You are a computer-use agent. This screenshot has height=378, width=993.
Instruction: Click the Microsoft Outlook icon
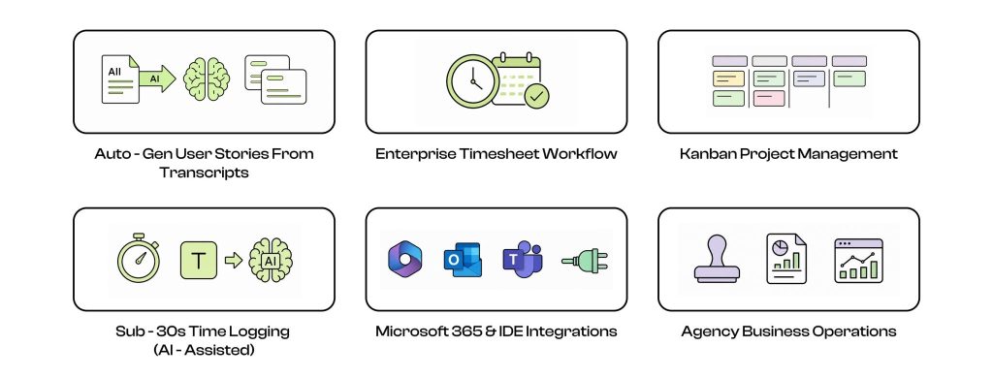point(463,260)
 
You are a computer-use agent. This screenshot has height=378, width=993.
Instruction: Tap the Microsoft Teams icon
point(523,260)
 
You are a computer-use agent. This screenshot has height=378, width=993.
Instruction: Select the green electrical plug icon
point(585,260)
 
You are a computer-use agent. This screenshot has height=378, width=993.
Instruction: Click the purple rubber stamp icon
point(717,259)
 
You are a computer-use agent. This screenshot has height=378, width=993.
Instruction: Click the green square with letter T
point(199,260)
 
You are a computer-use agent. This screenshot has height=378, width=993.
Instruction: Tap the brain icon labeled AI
point(271,260)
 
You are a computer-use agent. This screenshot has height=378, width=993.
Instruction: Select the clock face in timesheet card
point(472,81)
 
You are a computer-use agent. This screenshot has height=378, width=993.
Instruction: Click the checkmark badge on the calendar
point(537,97)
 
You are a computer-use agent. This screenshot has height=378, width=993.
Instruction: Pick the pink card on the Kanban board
point(769,98)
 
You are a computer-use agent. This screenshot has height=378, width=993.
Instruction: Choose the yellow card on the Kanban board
point(728,79)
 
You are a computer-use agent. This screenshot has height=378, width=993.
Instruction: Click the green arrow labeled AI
point(157,79)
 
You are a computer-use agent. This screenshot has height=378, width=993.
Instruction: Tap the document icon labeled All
point(120,79)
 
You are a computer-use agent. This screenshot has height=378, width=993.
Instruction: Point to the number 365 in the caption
point(467,331)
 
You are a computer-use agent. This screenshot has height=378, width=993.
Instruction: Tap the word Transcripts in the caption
point(204,173)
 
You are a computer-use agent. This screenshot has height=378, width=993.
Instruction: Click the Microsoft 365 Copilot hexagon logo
point(404,260)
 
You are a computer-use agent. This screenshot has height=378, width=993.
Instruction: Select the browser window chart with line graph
point(858,260)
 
